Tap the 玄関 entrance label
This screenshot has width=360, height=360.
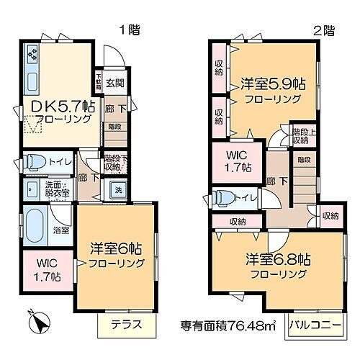point(115,83)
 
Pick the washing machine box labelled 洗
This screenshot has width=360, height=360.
point(117,190)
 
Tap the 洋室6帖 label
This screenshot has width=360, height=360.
point(115,253)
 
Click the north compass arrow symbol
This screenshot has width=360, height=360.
point(36,318)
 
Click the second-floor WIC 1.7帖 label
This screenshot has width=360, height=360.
point(236,161)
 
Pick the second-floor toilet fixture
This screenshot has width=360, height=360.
point(223,197)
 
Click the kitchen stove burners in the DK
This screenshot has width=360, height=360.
point(32,54)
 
